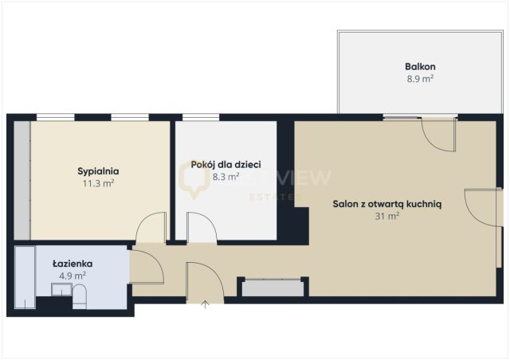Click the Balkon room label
[x=420, y=67]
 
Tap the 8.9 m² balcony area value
[x=420, y=79]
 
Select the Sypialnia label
[x=98, y=171]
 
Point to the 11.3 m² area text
[x=98, y=183]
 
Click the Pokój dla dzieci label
[x=226, y=165]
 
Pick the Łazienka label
[x=73, y=263]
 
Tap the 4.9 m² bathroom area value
[x=73, y=275]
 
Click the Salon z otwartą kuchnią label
[x=387, y=203]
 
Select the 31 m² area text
[x=387, y=215]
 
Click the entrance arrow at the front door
[x=206, y=304]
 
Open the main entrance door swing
[x=202, y=281]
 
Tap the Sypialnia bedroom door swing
[x=152, y=229]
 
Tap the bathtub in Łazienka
[x=24, y=279]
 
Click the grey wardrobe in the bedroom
[x=22, y=179]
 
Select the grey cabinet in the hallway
[x=273, y=287]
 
